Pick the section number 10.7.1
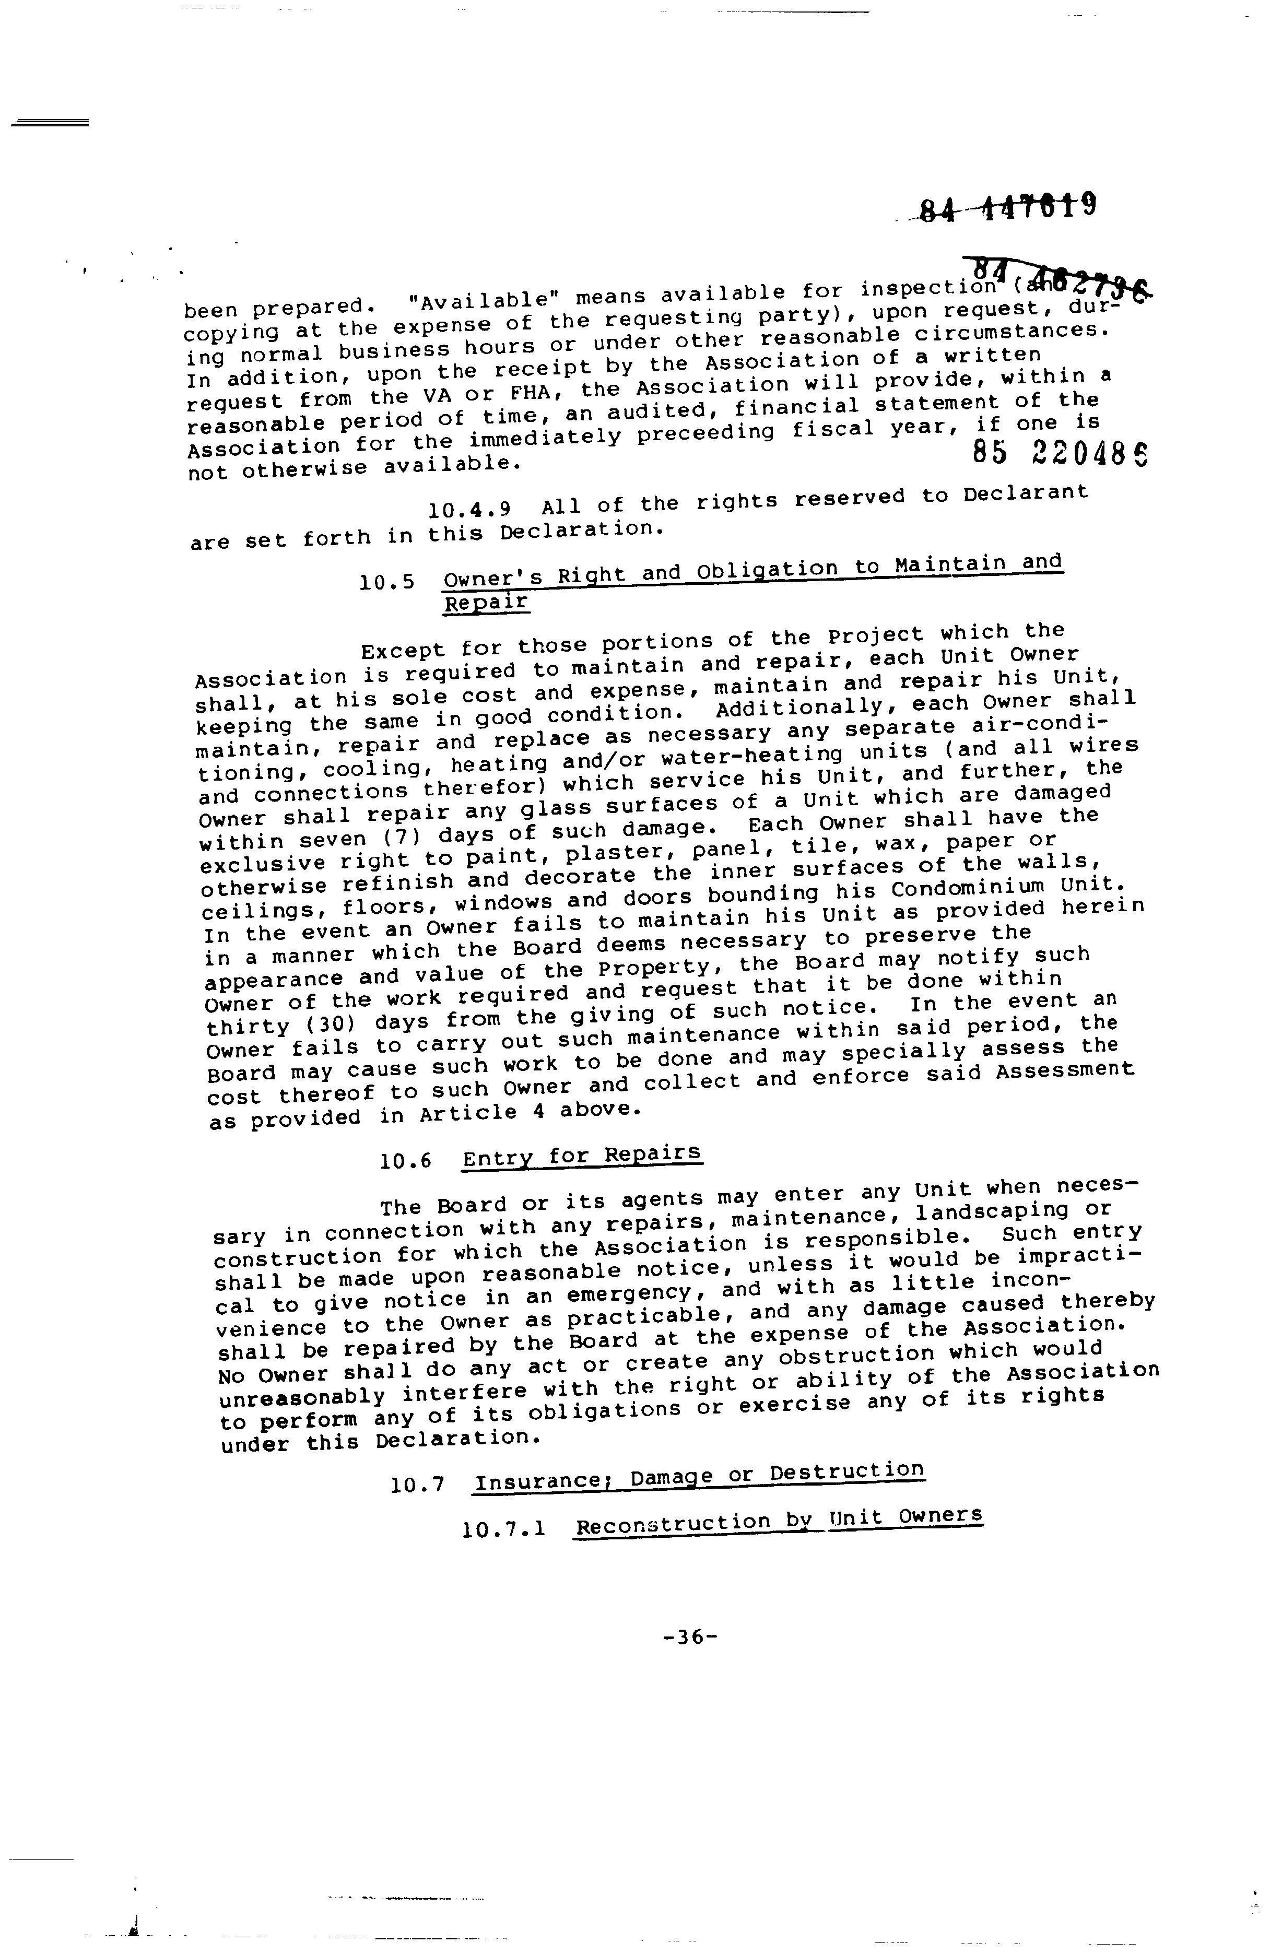coord(503,1529)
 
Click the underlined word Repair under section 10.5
coord(486,604)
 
